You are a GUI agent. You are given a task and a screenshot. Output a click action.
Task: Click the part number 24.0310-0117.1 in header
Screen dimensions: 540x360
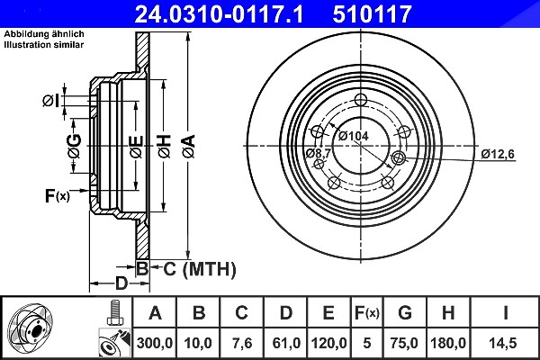219,14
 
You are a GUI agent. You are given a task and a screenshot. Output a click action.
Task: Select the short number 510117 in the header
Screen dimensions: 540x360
372,14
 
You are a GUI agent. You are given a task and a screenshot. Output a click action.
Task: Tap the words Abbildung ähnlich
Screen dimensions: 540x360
44,34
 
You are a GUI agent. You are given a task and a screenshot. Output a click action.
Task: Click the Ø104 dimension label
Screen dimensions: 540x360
353,136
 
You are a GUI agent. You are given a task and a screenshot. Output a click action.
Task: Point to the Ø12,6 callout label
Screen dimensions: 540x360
498,154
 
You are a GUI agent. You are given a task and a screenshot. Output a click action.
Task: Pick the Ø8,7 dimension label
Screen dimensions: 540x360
318,153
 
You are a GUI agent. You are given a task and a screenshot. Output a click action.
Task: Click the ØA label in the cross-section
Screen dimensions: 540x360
189,147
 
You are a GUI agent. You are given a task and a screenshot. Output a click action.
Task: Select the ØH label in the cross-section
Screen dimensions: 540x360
165,147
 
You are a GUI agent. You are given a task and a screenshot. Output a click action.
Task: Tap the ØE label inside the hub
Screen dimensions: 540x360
137,147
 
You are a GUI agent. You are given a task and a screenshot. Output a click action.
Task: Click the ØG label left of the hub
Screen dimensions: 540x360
75,147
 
